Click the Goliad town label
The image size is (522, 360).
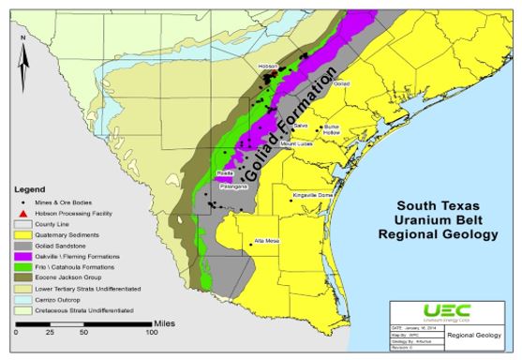[340, 83]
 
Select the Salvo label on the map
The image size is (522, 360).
[301, 124]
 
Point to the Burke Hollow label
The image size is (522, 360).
[331, 130]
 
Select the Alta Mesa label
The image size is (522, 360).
[267, 241]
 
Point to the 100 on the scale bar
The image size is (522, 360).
[150, 333]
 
